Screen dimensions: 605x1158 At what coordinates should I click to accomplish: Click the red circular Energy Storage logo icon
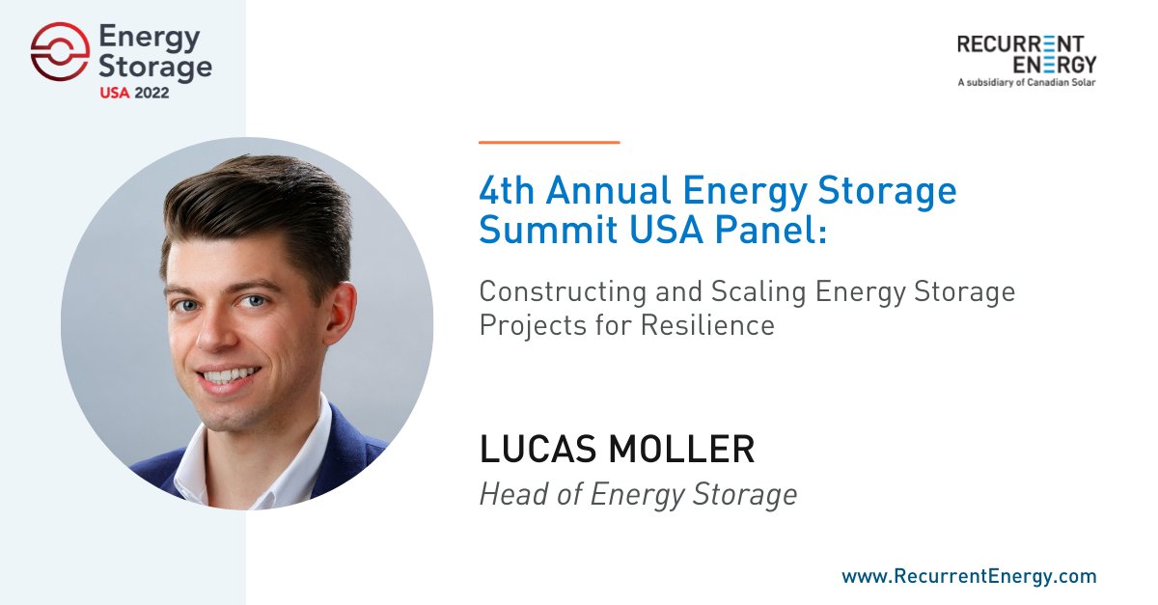click(60, 52)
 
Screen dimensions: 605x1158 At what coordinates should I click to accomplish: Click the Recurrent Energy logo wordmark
click(1026, 54)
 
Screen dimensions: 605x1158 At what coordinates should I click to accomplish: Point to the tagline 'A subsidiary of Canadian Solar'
click(1026, 83)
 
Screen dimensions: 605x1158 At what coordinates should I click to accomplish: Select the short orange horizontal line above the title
click(549, 142)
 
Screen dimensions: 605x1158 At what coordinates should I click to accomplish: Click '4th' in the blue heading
click(508, 191)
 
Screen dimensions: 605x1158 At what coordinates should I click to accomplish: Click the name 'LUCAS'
click(535, 450)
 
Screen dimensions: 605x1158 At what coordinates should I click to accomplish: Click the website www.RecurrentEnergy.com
click(969, 576)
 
